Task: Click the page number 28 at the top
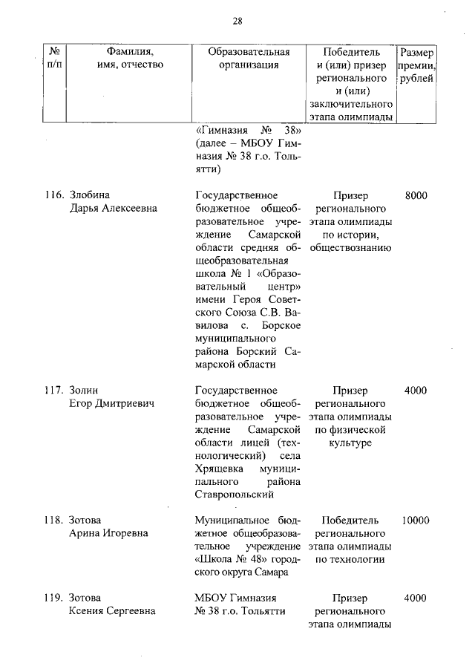pyautogui.click(x=237, y=21)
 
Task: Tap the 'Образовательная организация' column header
pyautogui.click(x=249, y=59)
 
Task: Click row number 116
pyautogui.click(x=52, y=195)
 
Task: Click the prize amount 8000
pyautogui.click(x=416, y=195)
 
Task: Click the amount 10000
pyautogui.click(x=416, y=521)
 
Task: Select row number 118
pyautogui.click(x=52, y=521)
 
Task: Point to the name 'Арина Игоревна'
pyautogui.click(x=108, y=534)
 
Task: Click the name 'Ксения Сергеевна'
pyautogui.click(x=112, y=611)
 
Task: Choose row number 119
pyautogui.click(x=52, y=598)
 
